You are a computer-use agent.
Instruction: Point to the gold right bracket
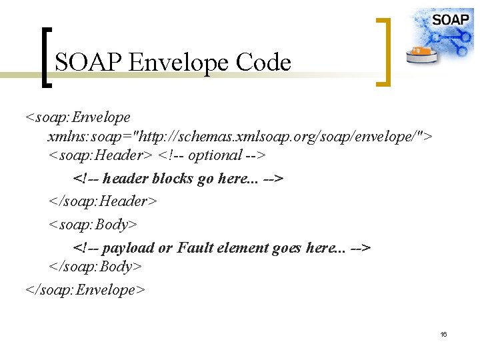coord(383,52)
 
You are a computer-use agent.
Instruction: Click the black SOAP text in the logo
coord(450,19)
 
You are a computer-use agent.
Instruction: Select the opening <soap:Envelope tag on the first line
coord(77,117)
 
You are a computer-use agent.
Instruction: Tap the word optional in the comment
coord(215,155)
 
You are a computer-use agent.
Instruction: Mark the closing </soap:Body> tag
coord(95,267)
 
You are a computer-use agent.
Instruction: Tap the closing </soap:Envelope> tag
coord(85,290)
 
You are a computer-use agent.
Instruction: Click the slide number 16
coord(443,333)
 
